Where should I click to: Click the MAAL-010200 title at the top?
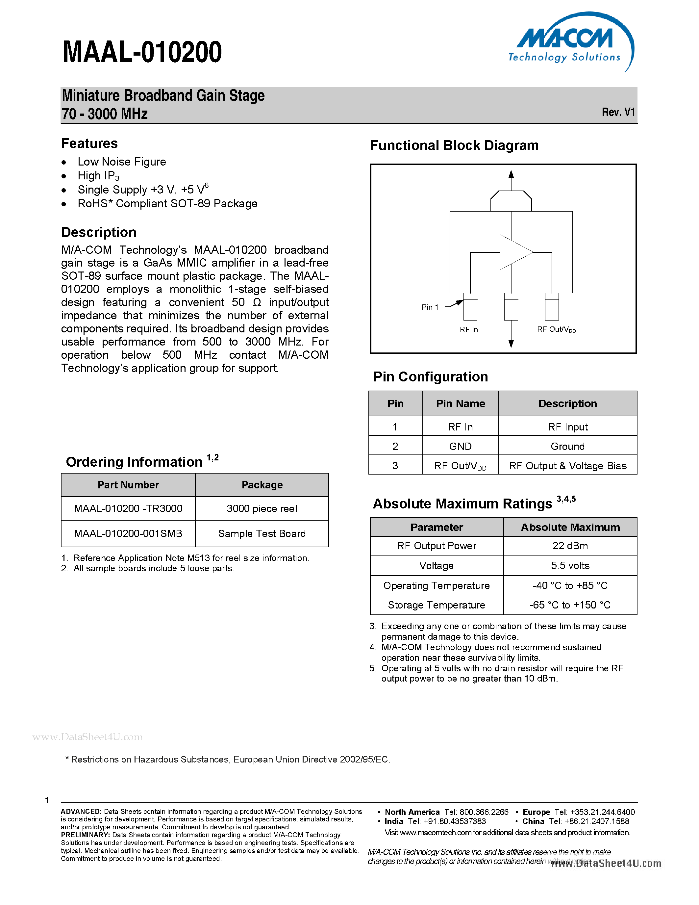[142, 52]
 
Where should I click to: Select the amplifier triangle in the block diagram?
[514, 252]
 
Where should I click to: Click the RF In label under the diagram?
[468, 329]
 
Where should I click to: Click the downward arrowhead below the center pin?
[511, 344]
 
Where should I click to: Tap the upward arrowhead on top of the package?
[511, 174]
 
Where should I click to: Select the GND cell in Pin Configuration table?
[460, 446]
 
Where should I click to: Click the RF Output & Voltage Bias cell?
[567, 466]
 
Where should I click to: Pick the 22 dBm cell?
[570, 546]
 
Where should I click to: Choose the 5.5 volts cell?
[570, 566]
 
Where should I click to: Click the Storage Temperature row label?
[436, 605]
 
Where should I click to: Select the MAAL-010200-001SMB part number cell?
[128, 534]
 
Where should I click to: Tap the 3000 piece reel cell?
[262, 508]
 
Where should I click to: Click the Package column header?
[262, 485]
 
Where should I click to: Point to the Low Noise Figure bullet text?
[122, 162]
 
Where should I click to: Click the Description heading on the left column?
[99, 232]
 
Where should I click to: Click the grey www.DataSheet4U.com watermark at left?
[87, 737]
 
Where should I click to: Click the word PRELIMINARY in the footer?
[85, 835]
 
